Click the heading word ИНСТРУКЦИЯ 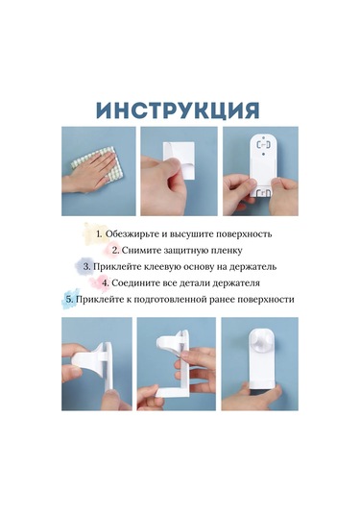[x=179, y=110]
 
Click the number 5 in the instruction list [x=69, y=300]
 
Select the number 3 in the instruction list [x=85, y=267]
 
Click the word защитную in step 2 [x=169, y=251]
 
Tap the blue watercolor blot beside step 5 [x=70, y=298]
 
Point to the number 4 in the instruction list [x=105, y=282]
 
